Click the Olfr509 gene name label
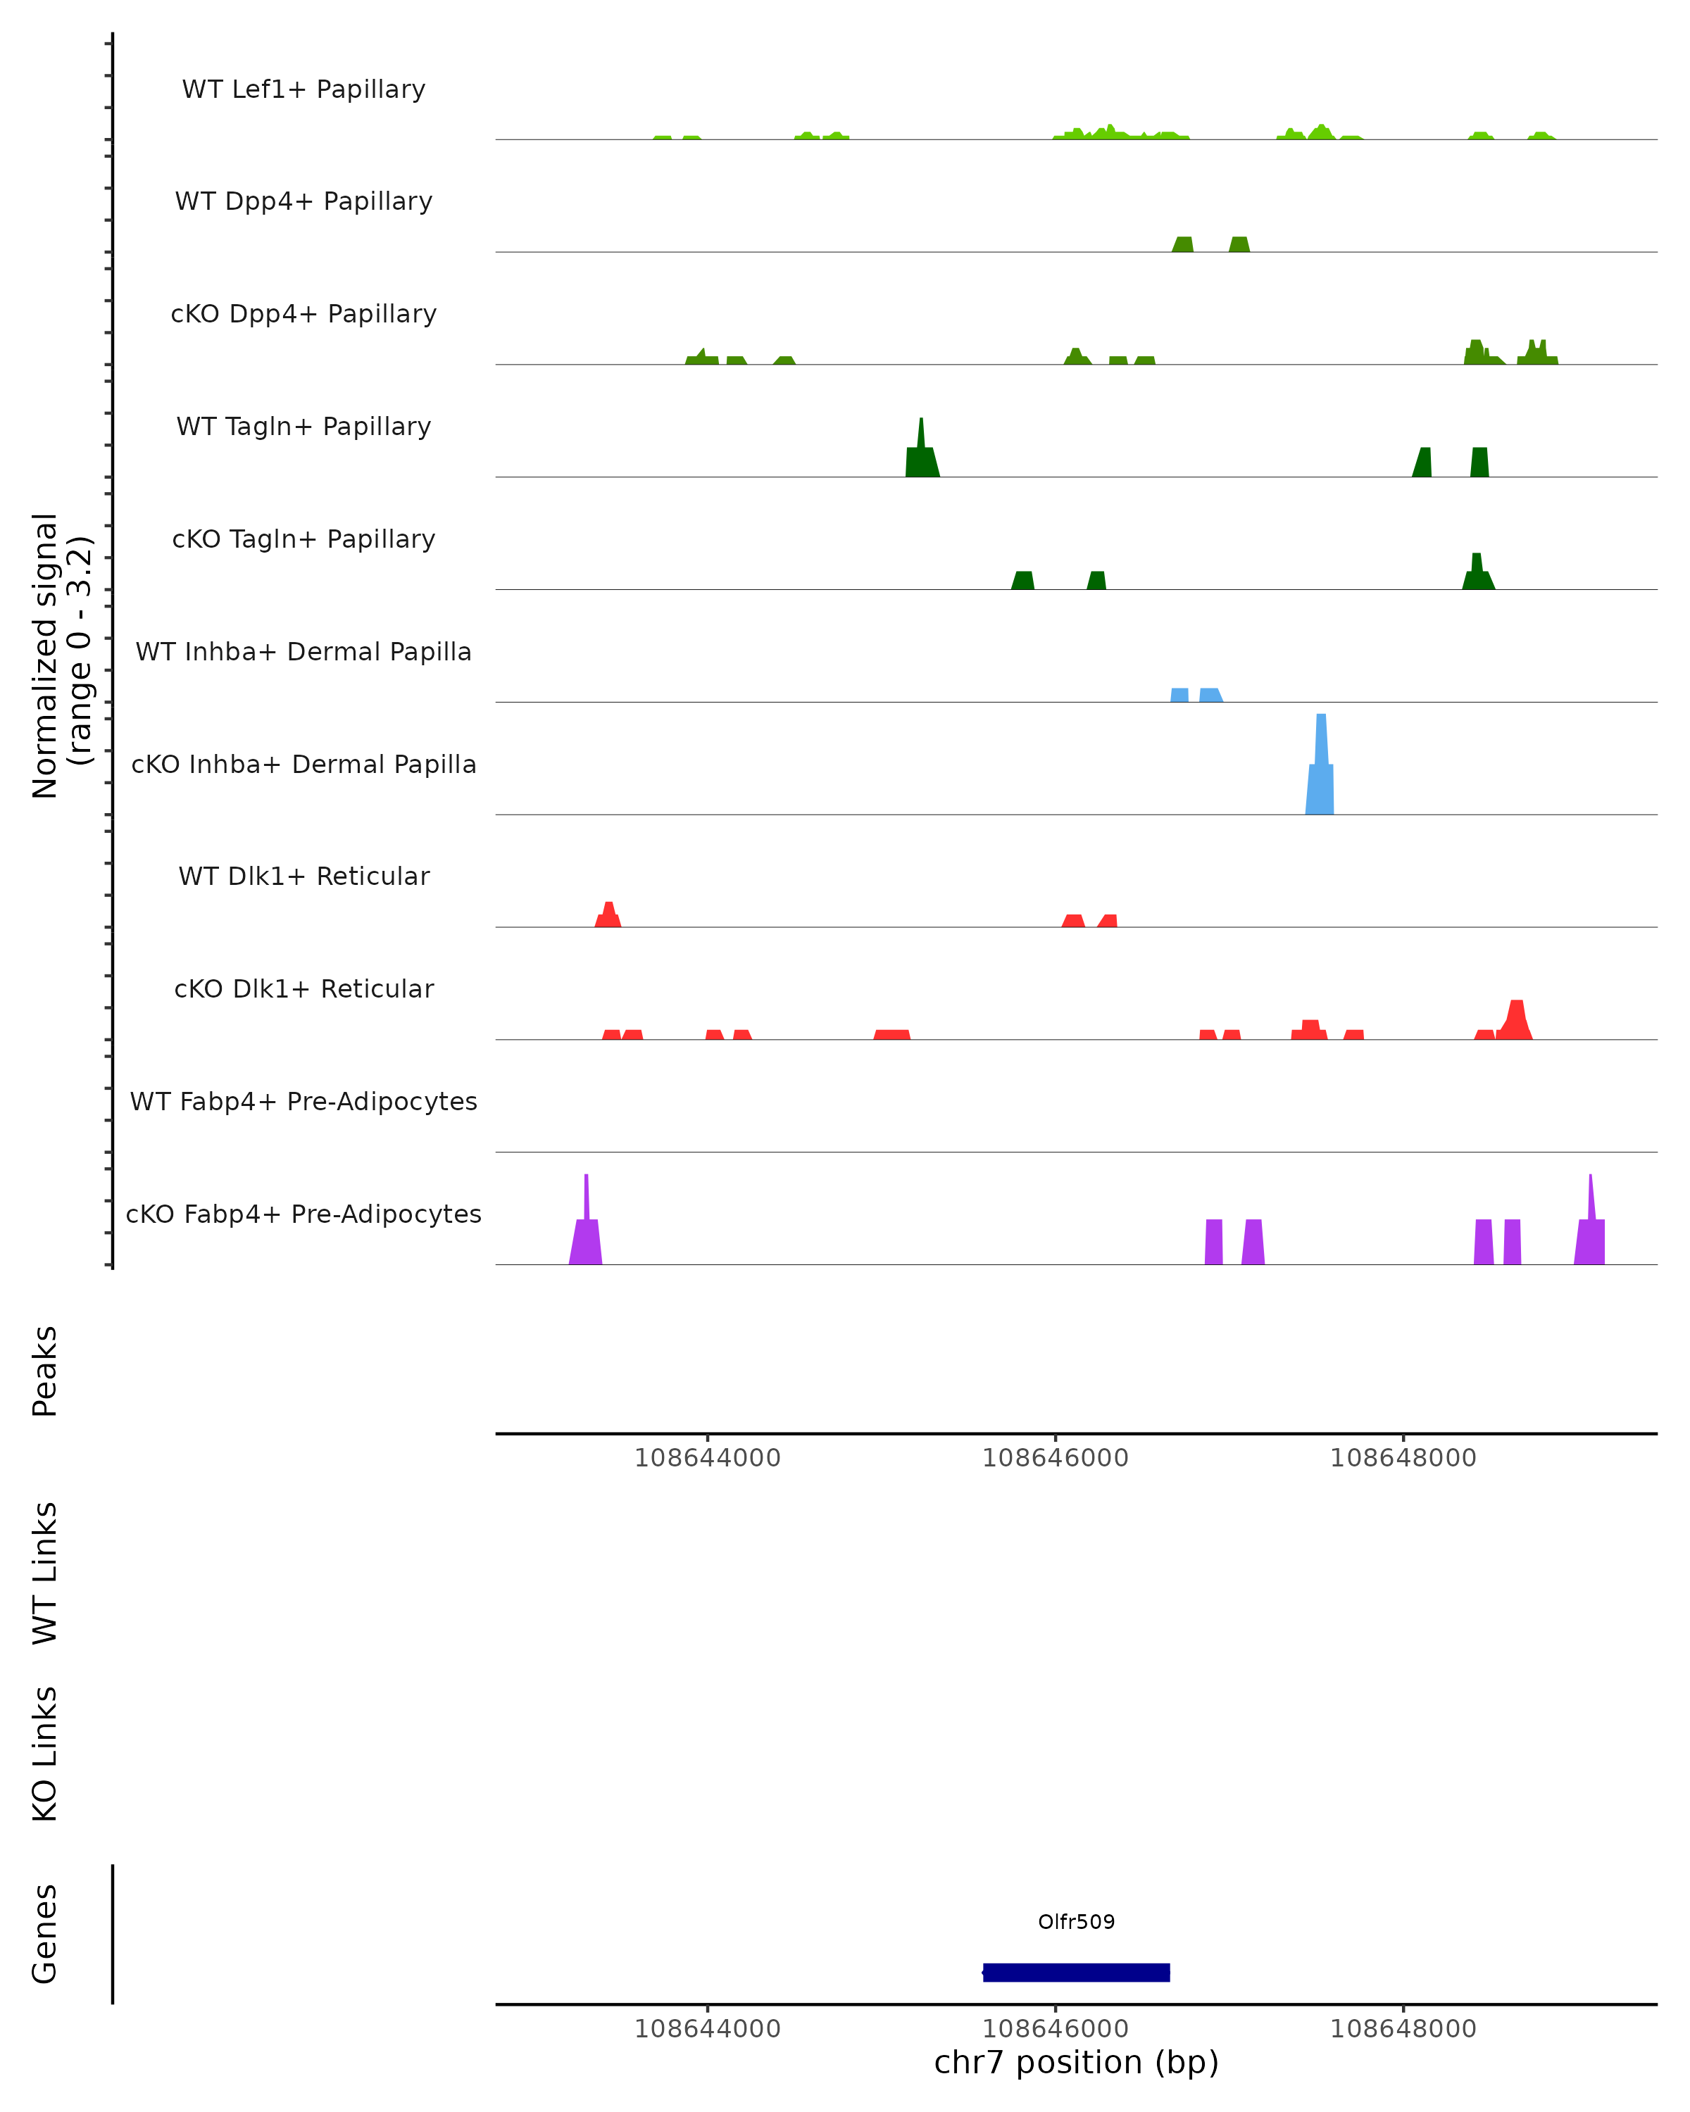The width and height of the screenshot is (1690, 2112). (1076, 1921)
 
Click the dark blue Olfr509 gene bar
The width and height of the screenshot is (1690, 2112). (1076, 1972)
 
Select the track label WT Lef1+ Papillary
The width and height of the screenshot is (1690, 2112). (303, 89)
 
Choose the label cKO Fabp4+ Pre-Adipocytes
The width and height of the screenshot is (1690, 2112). (303, 1214)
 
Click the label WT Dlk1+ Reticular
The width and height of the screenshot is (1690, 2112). (303, 876)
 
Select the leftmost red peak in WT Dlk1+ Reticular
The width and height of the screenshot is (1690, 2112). (608, 916)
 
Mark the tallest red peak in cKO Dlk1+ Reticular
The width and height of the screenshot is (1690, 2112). (1515, 1021)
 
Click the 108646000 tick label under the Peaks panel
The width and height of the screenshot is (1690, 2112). (1055, 1458)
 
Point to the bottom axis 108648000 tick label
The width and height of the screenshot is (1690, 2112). (1402, 2029)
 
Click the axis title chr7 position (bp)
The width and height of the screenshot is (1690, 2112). (1076, 2062)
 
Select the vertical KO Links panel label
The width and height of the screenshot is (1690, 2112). (45, 1754)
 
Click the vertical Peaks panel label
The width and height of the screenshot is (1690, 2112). (45, 1371)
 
